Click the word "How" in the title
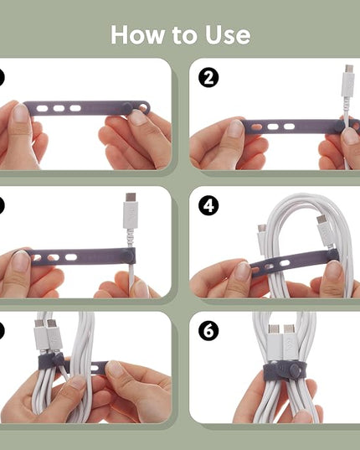(137, 34)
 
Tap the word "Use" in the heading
(228, 34)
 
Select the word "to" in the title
(184, 34)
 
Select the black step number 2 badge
(208, 77)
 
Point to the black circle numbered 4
(208, 205)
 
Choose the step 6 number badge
(208, 331)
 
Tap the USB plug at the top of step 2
(348, 80)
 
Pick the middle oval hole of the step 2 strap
(273, 127)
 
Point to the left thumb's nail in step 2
(235, 128)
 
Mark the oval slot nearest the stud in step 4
(285, 263)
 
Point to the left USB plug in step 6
(274, 342)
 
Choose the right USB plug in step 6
(290, 342)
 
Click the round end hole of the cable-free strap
(143, 108)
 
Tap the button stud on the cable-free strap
(126, 107)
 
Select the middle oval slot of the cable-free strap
(59, 108)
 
